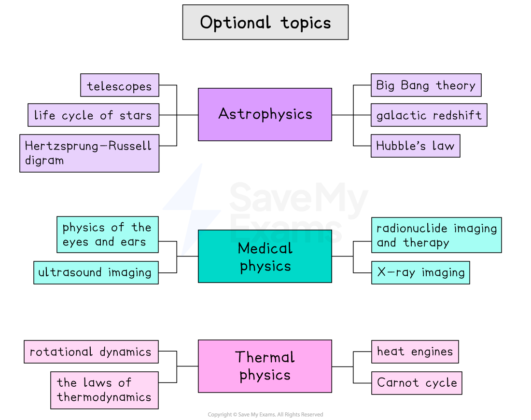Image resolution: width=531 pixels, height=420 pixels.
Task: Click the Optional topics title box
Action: click(x=265, y=22)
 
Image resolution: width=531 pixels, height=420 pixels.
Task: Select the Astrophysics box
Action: click(x=265, y=114)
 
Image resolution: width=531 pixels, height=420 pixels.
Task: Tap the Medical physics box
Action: click(x=265, y=256)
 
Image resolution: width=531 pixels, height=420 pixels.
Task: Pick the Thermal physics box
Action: click(x=265, y=366)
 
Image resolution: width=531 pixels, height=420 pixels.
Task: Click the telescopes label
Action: click(x=119, y=85)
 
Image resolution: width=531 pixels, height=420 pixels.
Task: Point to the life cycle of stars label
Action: click(x=93, y=115)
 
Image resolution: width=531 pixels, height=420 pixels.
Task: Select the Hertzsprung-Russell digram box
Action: click(x=89, y=153)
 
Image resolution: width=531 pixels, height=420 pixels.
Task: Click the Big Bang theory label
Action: click(x=426, y=85)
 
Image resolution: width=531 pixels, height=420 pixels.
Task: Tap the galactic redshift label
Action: click(x=429, y=115)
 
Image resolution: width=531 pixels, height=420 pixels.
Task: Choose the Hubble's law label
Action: click(x=415, y=146)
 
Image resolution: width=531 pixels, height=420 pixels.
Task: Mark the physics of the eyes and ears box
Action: click(x=107, y=234)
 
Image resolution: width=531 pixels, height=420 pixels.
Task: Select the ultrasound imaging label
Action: click(x=96, y=272)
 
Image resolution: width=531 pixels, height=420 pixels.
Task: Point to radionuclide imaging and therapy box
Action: click(x=436, y=235)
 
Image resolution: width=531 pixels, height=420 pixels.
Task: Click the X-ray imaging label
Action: click(x=420, y=272)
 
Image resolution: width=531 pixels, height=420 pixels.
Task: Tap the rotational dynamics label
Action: click(x=91, y=352)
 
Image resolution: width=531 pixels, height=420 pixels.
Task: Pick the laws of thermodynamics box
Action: click(x=104, y=390)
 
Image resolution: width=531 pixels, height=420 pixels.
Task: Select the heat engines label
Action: click(x=415, y=352)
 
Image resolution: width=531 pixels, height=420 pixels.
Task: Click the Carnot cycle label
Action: click(x=417, y=383)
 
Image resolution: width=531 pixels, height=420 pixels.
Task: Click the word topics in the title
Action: click(x=306, y=23)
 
